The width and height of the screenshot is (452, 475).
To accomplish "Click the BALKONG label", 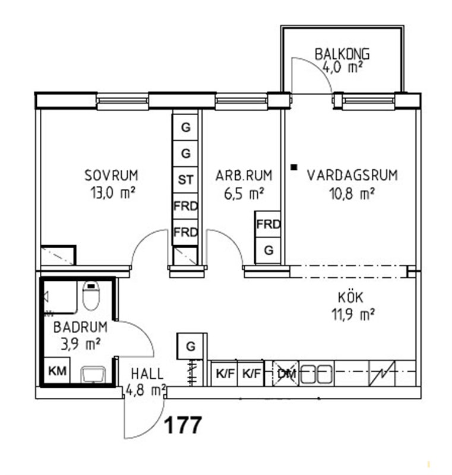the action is point(342,54).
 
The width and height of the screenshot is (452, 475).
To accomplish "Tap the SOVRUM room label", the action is point(112,175).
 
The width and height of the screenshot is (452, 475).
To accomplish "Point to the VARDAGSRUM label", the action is point(352,175).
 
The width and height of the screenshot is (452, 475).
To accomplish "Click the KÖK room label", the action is point(350,297).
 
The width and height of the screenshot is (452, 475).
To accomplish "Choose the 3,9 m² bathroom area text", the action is point(81,344).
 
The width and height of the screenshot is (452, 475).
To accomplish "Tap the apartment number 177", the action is point(183,425).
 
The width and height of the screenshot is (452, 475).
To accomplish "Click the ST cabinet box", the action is point(185,180).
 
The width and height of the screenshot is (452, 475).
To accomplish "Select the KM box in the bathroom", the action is point(57,370).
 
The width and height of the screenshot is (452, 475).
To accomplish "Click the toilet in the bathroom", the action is point(91,295).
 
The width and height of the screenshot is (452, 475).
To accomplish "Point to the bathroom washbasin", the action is point(93,375).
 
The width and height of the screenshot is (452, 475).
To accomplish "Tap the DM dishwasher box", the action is point(286,373).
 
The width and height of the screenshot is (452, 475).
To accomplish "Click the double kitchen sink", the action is point(317,373).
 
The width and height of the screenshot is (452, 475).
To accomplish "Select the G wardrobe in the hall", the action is point(191,346).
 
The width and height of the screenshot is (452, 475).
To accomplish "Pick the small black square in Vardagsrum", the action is point(293,167).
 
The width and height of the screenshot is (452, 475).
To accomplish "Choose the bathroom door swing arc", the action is point(143,330).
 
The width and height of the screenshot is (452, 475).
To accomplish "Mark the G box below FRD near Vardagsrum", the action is point(268,251).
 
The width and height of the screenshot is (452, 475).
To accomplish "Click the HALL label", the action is point(147,374).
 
